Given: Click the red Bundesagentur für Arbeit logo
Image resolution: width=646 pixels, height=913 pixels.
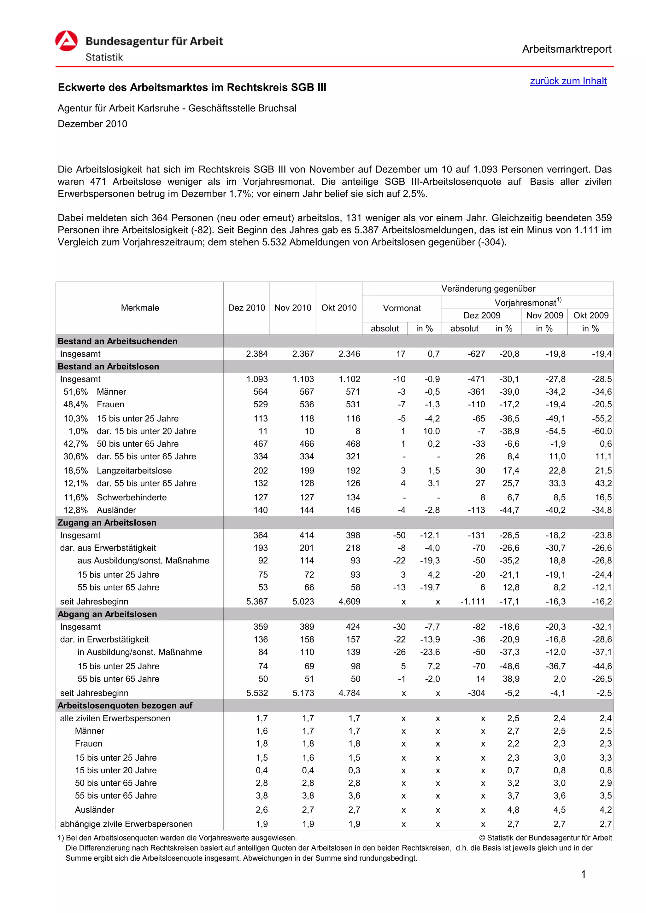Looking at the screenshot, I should point(66,41).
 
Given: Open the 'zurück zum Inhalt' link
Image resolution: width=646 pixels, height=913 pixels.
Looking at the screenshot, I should point(568,81).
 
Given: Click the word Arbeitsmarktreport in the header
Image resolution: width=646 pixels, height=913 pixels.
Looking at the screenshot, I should point(567,49).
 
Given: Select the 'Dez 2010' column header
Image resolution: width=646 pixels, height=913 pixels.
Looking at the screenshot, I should point(246,308).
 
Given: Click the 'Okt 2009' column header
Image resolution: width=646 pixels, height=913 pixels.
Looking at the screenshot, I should point(591,315).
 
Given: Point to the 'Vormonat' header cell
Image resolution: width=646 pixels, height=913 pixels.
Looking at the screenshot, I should point(402,308).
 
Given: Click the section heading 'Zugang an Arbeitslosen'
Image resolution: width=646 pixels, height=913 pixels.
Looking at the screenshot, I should point(107,522).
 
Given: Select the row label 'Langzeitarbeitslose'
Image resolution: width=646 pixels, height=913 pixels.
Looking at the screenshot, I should point(134,470).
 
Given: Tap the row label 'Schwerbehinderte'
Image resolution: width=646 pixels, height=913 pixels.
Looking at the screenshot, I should point(132,497).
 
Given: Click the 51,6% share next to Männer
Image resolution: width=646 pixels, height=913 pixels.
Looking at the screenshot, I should point(76,392).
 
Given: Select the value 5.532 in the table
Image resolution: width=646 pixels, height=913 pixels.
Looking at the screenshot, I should point(257,693).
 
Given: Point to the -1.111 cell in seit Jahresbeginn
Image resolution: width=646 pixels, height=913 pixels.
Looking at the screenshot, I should point(473,602).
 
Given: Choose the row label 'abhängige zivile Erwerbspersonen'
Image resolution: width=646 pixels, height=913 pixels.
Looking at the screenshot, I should point(126,824).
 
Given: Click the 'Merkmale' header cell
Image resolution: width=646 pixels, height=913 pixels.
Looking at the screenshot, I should point(140,308).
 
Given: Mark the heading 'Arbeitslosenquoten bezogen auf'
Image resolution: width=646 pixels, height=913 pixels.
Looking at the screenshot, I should point(125,706).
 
